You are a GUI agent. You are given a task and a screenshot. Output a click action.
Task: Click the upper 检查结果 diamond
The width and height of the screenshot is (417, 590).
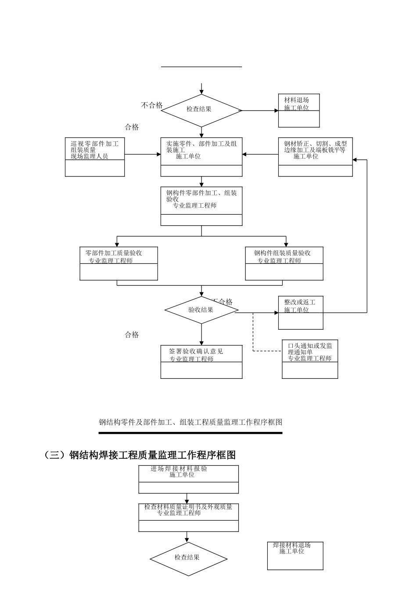click(201, 110)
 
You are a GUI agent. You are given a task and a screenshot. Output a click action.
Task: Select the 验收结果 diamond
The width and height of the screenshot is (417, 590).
click(201, 310)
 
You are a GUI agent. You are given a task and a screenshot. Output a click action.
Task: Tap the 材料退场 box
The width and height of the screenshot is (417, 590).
click(299, 110)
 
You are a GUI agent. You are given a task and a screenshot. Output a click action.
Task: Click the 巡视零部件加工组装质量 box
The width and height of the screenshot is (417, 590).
click(95, 157)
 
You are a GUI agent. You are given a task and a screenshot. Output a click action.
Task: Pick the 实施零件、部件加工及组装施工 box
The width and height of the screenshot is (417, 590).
click(201, 157)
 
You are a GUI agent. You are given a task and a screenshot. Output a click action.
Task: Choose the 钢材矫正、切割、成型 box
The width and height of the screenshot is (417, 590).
click(315, 157)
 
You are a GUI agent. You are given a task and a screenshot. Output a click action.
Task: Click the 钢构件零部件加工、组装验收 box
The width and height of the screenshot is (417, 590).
click(201, 206)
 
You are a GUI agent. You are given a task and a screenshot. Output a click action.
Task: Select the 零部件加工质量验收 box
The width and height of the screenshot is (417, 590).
click(119, 263)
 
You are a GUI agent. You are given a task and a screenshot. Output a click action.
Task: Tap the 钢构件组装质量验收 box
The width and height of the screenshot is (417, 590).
click(284, 263)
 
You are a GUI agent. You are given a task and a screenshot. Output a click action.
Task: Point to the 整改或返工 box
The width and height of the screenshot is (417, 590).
click(301, 313)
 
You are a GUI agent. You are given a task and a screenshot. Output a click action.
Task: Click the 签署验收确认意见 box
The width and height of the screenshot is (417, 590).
click(201, 361)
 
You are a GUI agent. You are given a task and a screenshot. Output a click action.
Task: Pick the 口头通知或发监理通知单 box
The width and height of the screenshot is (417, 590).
click(310, 359)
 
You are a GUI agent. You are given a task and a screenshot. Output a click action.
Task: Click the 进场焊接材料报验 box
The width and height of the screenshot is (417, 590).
click(189, 479)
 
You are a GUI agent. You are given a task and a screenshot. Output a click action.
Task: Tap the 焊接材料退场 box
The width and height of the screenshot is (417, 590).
click(295, 555)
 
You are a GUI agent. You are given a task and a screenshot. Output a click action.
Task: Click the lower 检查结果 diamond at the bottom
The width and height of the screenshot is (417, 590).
click(189, 558)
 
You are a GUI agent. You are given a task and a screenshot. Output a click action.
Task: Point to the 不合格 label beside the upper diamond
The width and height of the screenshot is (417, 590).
click(152, 105)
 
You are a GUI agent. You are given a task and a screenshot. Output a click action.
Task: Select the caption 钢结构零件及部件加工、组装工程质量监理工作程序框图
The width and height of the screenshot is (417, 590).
click(191, 422)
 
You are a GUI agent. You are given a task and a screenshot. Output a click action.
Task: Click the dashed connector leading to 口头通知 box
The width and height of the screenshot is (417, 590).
click(253, 334)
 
